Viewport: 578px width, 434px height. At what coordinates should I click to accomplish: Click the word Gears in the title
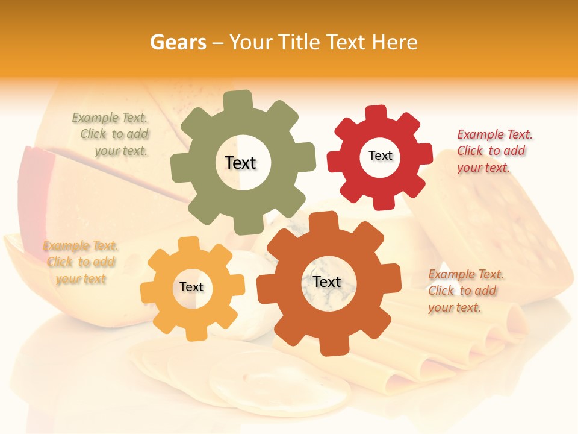coord(178,42)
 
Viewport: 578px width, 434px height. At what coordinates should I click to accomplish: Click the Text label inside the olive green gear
coord(240,163)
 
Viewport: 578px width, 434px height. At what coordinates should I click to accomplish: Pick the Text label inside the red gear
coord(380,156)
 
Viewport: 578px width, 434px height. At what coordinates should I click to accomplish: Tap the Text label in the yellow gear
coord(191,287)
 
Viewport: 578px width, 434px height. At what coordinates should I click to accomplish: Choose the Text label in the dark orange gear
coord(327,281)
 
